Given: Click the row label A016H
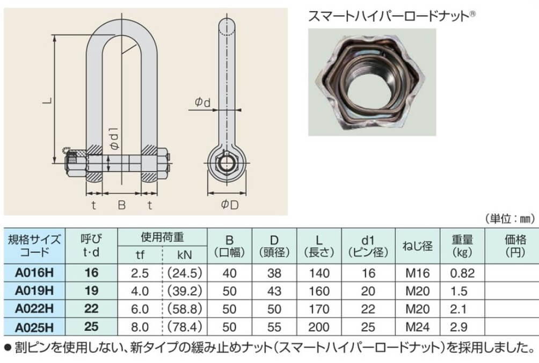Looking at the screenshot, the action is pos(34,273).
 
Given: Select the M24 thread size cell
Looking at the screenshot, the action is pos(418,326).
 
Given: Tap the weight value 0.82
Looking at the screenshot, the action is pos(462,273).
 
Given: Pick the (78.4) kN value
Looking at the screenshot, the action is pos(185,326).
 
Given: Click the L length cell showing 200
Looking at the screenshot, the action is pos(319,326).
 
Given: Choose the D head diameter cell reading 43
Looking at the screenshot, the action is pos(274,291).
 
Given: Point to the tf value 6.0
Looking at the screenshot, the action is pos(140,309).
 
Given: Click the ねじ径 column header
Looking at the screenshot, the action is pos(417,246).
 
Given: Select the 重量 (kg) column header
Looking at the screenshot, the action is pos(462,246).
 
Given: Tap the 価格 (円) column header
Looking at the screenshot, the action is pos(515,246).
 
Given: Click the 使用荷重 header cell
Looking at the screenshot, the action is pos(162,237).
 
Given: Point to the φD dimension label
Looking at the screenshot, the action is pos(229,205).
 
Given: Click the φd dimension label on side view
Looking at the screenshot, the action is pos(202,102).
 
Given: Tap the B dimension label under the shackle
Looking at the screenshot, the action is pos(122,205).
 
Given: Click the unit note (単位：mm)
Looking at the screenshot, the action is pos(510,219).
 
